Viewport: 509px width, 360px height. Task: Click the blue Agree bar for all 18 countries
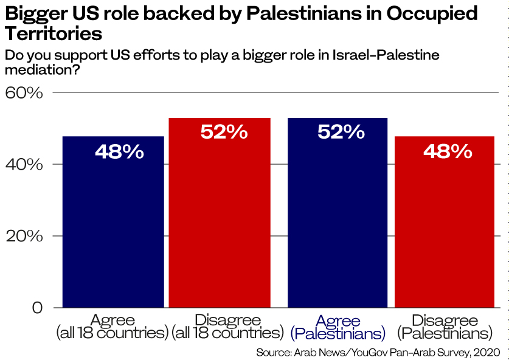coord(113,231)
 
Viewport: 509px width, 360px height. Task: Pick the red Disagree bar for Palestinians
coord(445,231)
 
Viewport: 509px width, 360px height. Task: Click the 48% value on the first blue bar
coord(119,151)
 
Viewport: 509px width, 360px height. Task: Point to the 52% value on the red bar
coord(224,132)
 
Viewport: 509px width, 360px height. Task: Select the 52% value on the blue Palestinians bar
coord(341,132)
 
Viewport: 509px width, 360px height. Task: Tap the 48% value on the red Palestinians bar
coord(448,151)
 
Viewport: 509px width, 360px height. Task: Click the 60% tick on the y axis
coord(24,93)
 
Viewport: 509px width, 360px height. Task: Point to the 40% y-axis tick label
coord(24,164)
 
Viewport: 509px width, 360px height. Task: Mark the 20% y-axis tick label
coord(24,236)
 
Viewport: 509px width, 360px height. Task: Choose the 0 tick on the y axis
coord(38,308)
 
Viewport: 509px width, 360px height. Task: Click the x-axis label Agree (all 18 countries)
coord(113,327)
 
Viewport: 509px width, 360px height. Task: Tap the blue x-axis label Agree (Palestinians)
coord(338,327)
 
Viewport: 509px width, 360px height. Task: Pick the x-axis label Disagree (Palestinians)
coord(445,327)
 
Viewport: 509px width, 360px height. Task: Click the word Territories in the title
coord(53,33)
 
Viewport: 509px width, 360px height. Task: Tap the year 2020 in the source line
coord(486,352)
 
